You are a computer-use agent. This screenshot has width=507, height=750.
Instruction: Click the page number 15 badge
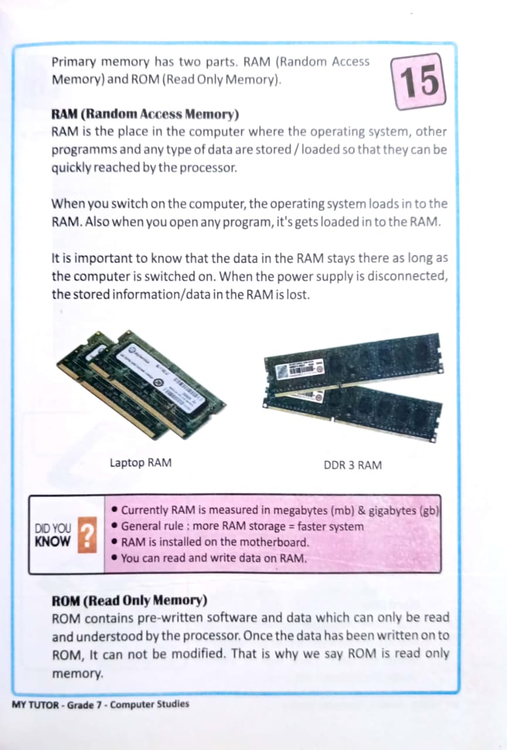point(418,81)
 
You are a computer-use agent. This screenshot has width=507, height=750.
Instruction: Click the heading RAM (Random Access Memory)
point(145,114)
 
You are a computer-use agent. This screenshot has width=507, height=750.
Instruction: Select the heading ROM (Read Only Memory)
point(130,601)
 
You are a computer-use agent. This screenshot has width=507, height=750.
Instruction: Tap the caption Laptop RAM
point(141,463)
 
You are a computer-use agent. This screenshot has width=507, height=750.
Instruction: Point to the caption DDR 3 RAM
point(353,465)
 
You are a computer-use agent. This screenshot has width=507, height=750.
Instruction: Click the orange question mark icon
point(87,535)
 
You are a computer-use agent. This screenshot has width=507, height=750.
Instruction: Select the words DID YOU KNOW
point(53,535)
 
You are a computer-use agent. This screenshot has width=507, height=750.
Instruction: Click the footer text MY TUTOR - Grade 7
point(56,704)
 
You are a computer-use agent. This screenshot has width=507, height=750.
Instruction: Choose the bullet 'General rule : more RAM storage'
point(238,526)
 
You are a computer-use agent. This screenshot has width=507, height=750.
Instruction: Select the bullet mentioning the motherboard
point(210,542)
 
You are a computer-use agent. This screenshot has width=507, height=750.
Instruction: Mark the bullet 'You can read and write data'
point(209,558)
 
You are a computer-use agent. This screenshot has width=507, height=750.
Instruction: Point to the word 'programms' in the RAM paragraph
point(84,150)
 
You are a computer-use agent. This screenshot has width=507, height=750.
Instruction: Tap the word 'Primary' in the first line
point(74,62)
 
